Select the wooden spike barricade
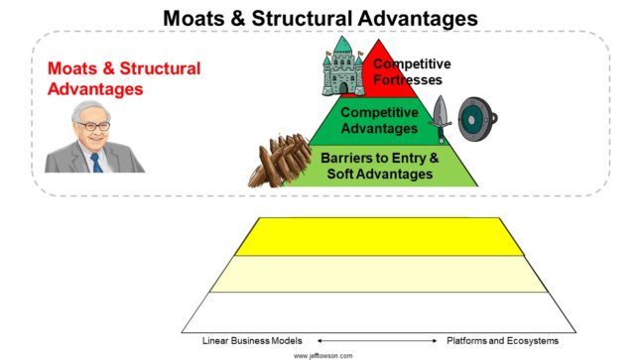(282, 160)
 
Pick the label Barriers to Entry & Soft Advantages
(379, 166)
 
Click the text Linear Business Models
(253, 340)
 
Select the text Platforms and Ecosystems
(502, 340)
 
